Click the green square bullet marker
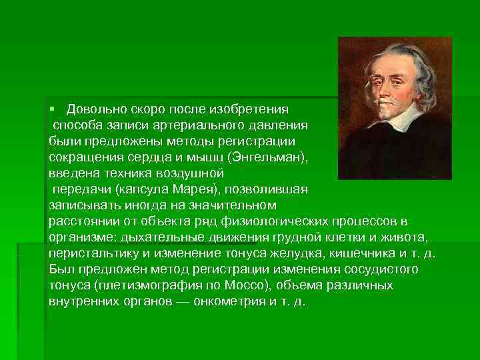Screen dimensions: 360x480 pos(51,109)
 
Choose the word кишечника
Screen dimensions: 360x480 pos(355,253)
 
